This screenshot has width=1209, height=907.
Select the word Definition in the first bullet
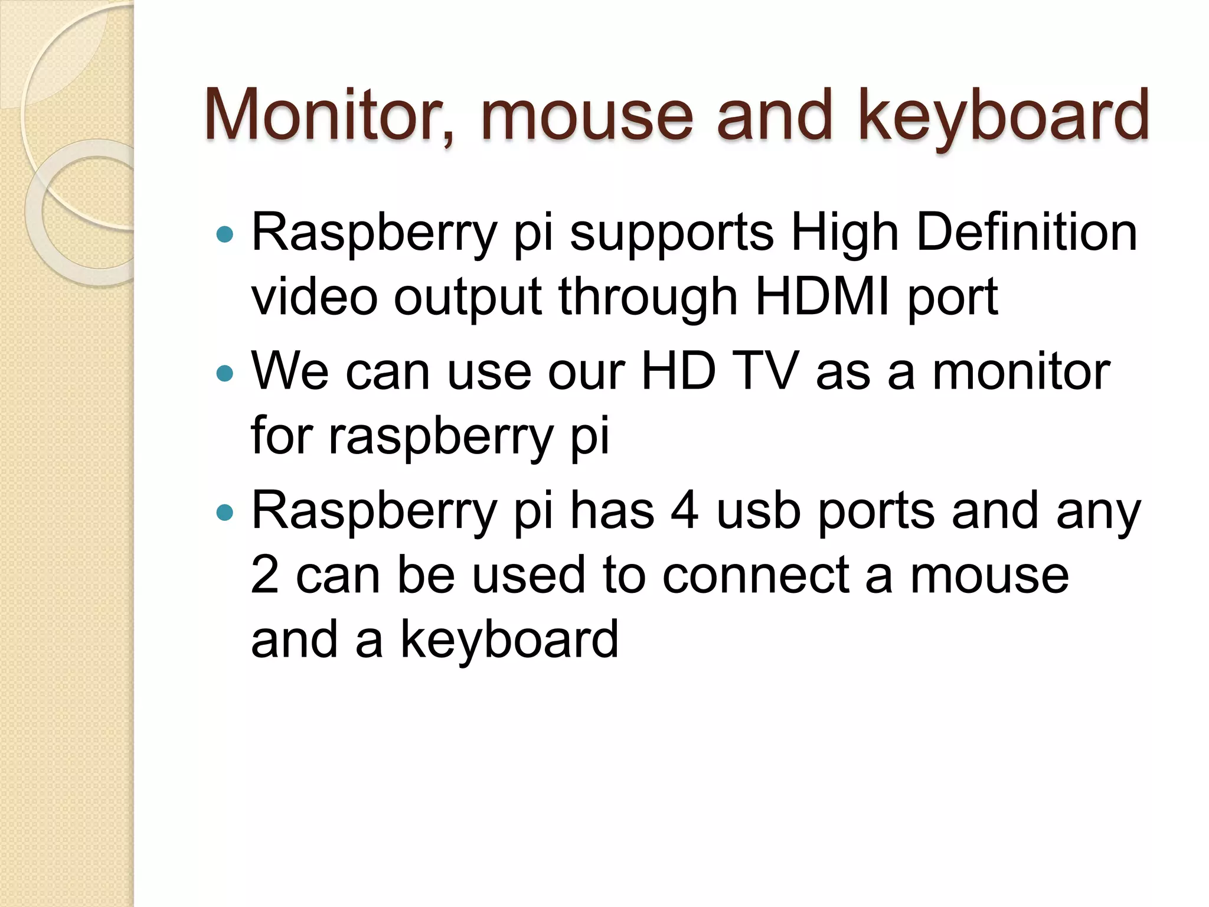click(x=1027, y=233)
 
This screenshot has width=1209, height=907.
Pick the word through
click(x=648, y=298)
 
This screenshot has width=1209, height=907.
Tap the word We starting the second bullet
click(x=290, y=372)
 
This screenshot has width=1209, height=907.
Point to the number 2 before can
click(x=264, y=575)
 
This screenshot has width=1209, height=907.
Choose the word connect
click(x=756, y=576)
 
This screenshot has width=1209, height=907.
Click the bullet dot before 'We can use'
click(x=225, y=374)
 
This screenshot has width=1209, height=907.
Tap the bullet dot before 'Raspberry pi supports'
click(x=225, y=235)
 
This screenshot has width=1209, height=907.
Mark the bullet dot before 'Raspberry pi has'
click(x=225, y=513)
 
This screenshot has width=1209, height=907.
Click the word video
click(x=314, y=296)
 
